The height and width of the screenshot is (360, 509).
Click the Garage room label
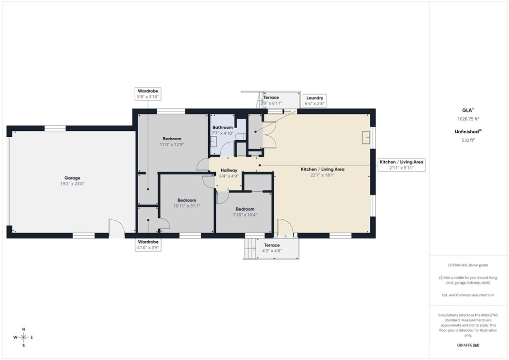coord(72,178)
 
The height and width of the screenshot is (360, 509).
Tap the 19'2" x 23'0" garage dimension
coord(72,184)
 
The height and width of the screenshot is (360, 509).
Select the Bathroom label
coord(223,128)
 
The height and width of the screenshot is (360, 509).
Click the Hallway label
coord(229,170)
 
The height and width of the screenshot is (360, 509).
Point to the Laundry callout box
coord(315,100)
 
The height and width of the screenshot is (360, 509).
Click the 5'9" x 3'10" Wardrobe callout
coord(148,94)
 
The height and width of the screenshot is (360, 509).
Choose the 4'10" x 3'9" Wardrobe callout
coord(148,245)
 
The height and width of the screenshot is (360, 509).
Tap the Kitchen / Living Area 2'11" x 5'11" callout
coord(402,165)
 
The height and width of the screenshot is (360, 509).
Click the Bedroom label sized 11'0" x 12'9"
coord(172,139)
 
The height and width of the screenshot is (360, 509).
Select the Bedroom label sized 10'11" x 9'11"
coord(187,200)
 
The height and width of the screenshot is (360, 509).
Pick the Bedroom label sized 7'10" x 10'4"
coord(245,209)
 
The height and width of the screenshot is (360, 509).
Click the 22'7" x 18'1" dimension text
coord(322,175)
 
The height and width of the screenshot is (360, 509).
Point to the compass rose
coord(23,338)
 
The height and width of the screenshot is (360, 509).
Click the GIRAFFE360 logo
coord(468,345)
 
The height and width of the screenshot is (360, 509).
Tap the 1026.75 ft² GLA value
coord(468,119)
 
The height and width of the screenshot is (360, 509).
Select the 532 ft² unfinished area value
coord(468,140)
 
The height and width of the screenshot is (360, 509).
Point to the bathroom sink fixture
coord(214,142)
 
